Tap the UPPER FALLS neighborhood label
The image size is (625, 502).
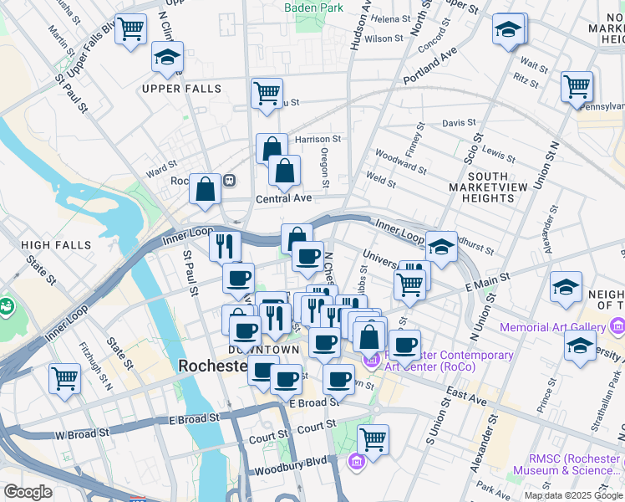[x=181, y=89]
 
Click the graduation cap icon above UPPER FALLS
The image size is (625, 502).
[x=167, y=59]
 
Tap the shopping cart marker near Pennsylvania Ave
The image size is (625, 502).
[x=577, y=86]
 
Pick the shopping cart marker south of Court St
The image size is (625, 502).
[x=373, y=439]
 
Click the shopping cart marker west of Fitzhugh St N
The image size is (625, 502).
[x=64, y=378]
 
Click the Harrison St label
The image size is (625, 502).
[x=318, y=139]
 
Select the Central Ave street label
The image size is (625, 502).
[x=283, y=198]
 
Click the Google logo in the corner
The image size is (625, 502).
[x=28, y=492]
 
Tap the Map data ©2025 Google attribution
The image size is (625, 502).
[x=573, y=495]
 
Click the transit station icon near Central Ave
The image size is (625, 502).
[x=228, y=180]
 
